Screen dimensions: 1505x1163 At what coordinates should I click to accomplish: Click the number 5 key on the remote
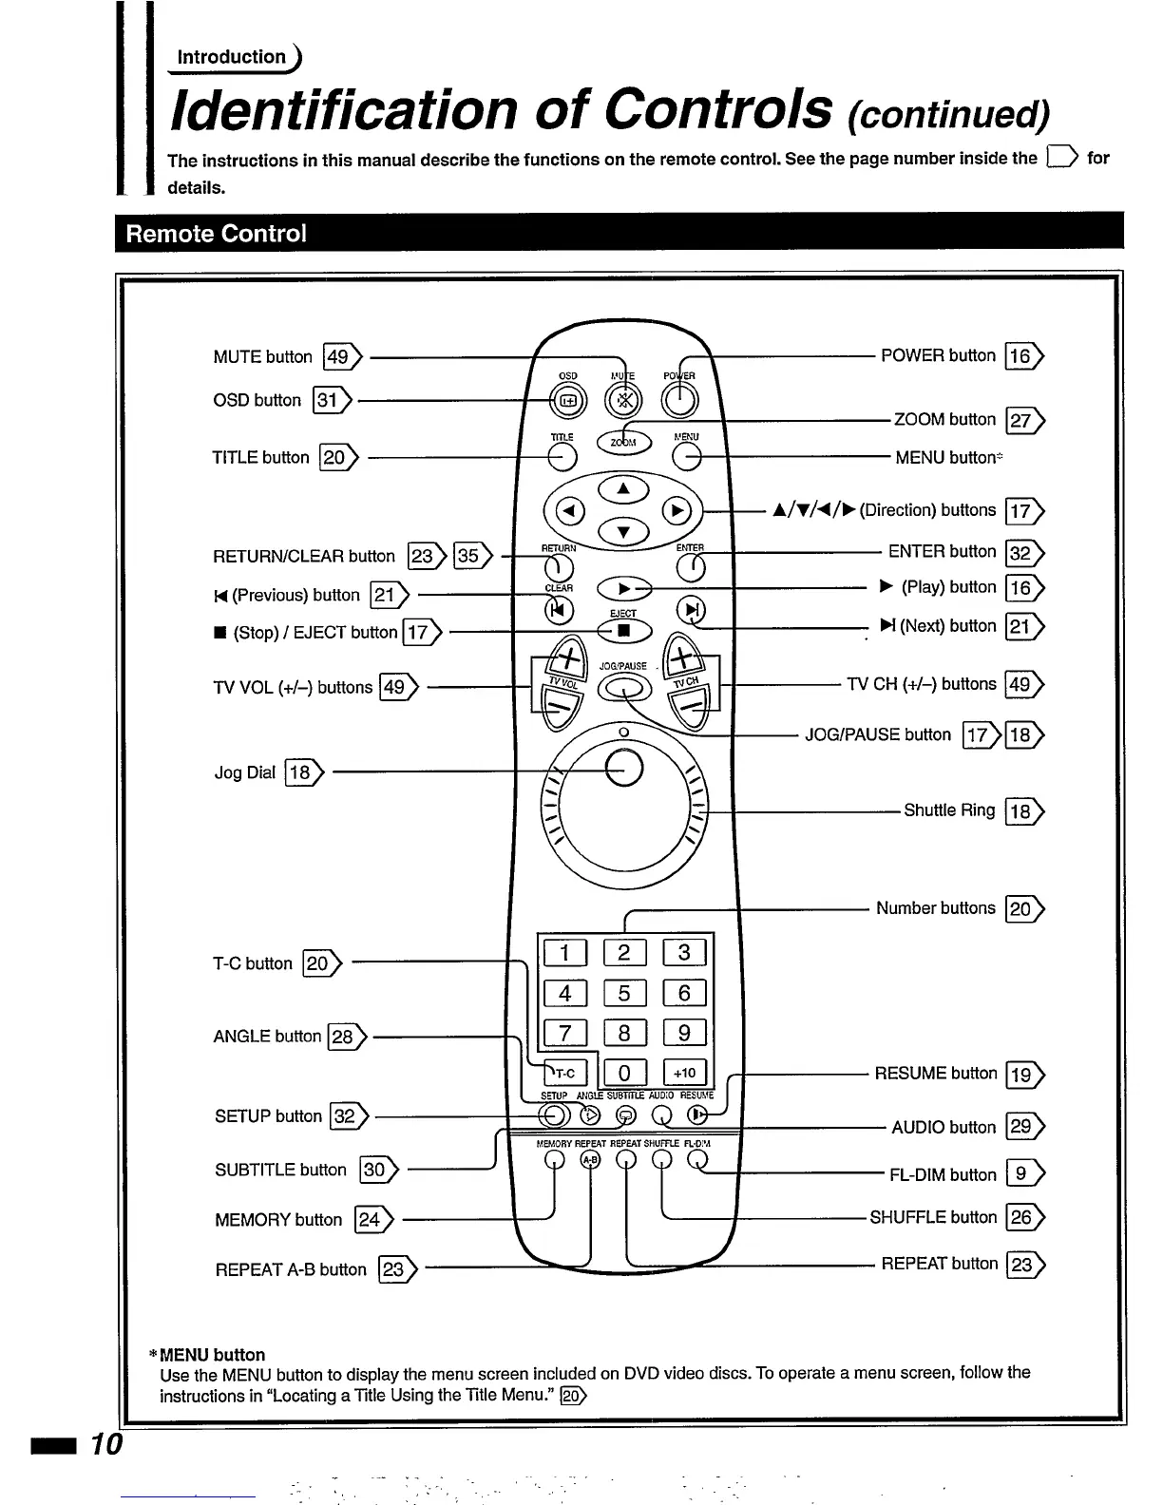click(x=623, y=993)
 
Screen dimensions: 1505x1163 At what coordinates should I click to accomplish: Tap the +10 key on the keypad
click(x=684, y=1073)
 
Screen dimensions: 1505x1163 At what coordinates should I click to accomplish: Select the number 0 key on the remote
click(x=623, y=1073)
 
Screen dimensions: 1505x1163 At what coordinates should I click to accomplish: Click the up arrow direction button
click(x=623, y=488)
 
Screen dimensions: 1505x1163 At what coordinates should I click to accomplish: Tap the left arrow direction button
click(x=568, y=511)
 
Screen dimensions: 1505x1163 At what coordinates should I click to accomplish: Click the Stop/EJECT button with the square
click(x=623, y=631)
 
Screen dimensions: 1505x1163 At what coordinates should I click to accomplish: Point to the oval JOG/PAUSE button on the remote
click(x=623, y=687)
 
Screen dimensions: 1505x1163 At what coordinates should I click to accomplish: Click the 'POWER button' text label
click(x=938, y=355)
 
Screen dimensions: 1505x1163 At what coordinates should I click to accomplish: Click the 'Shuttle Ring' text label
click(x=949, y=810)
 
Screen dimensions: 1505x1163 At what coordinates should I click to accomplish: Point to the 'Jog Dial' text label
click(x=244, y=772)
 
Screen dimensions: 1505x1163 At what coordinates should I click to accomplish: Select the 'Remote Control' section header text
click(x=216, y=234)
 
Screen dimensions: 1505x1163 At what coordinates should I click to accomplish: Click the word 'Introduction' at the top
click(x=232, y=57)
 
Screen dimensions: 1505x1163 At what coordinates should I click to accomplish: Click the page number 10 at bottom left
click(x=106, y=1444)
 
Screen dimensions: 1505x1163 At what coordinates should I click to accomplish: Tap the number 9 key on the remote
click(x=684, y=1033)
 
